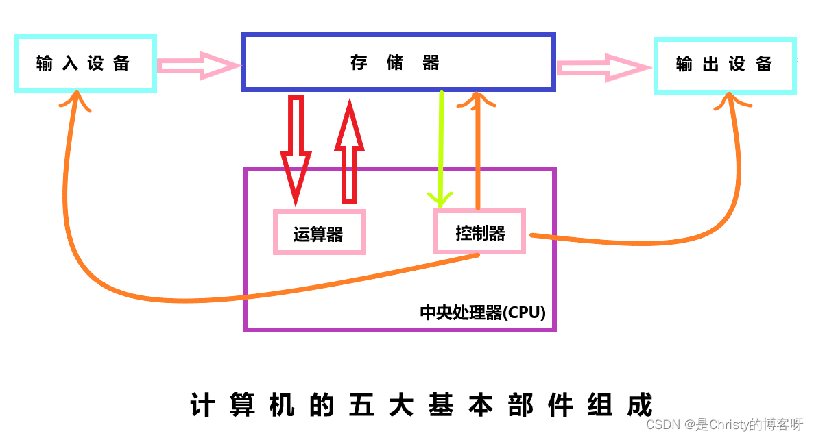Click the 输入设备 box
click(85, 64)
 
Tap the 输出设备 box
click(724, 65)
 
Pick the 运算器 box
click(319, 233)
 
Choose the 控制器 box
click(480, 232)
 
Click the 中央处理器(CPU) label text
click(483, 313)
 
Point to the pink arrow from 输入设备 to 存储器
click(199, 66)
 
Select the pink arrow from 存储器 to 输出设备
click(603, 67)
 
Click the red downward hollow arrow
click(296, 151)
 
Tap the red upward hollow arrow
click(350, 151)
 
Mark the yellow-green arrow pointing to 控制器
click(440, 151)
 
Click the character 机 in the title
click(282, 405)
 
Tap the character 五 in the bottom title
click(361, 405)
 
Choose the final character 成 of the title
click(639, 405)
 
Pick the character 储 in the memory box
click(395, 63)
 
